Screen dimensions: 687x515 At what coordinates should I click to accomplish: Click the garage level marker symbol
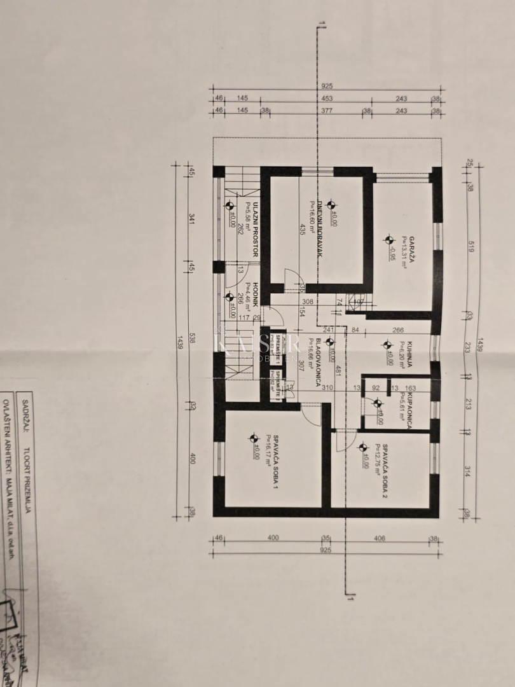point(389,240)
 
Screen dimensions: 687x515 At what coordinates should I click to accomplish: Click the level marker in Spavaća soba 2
point(362,447)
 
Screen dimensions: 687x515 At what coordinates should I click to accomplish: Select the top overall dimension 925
point(327,86)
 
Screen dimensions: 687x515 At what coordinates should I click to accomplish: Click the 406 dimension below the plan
point(380,538)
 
